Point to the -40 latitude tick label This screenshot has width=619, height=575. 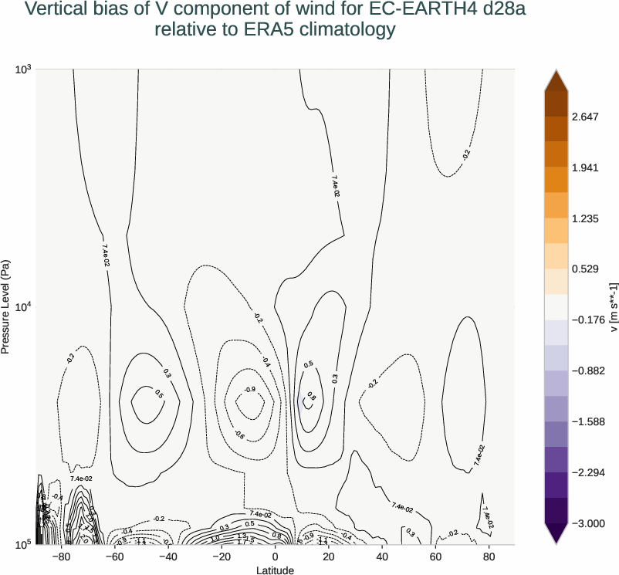click(167, 556)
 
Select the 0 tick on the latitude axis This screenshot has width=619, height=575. click(276, 556)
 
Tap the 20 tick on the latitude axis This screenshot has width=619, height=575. click(329, 556)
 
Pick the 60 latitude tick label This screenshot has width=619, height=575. click(435, 556)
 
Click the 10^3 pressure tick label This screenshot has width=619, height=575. click(23, 69)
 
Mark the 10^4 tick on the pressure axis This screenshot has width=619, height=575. click(23, 307)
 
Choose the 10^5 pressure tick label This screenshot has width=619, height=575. click(23, 544)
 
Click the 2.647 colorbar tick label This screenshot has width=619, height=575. click(586, 117)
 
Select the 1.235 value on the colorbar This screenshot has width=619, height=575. click(586, 219)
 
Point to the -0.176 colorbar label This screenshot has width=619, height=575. click(587, 320)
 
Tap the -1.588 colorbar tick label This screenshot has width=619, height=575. click(587, 422)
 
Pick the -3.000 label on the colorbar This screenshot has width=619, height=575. click(587, 523)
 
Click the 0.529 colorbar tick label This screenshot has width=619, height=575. click(586, 269)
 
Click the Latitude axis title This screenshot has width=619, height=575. click(276, 570)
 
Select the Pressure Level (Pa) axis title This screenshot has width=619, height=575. click(6, 306)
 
